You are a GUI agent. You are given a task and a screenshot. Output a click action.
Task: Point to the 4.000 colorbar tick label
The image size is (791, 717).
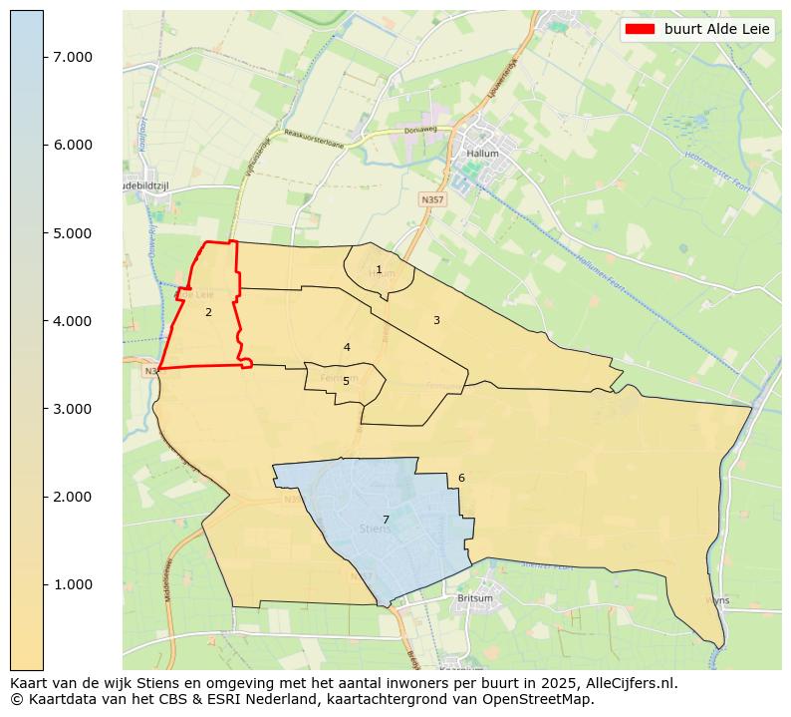coord(73,321)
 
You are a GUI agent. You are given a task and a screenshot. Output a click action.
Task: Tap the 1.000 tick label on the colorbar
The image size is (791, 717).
coord(73,584)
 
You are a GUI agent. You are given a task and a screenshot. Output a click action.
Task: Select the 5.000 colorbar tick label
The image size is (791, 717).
coord(73,233)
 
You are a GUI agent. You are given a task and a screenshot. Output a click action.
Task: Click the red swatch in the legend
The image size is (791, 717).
coord(639,30)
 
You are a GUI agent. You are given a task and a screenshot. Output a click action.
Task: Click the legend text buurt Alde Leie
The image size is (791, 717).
coord(717,30)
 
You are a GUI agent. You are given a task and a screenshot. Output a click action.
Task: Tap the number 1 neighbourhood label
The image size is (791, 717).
coord(379,270)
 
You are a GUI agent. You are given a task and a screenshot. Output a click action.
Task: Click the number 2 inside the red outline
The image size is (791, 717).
coord(208,313)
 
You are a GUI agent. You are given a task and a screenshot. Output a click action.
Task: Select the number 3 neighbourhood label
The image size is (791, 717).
coord(436,320)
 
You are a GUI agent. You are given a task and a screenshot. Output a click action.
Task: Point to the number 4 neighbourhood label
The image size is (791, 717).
coord(347,348)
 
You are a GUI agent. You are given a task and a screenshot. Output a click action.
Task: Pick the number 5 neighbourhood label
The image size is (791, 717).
coord(346,381)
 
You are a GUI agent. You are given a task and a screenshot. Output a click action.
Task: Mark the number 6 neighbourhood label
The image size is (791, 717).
coord(461,479)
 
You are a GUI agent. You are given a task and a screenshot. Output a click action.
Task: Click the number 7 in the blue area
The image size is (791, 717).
coord(386,521)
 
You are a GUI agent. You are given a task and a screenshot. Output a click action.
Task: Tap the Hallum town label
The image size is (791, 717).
coord(482,155)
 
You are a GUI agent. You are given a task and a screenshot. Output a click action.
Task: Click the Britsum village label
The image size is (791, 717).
coord(474,599)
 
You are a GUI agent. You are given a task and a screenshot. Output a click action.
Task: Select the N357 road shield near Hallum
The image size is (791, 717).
coord(431,199)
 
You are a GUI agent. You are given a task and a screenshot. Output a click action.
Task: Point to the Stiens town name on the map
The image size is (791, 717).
coord(375,530)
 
